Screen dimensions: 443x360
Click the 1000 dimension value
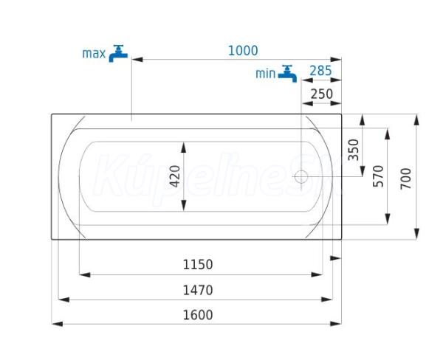(243, 51)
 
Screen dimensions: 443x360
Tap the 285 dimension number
(320, 71)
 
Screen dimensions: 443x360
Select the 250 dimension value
(322, 94)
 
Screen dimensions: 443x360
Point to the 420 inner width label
(176, 176)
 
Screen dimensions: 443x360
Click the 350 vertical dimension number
(354, 150)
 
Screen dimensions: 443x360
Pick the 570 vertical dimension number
(378, 176)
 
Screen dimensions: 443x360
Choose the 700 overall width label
(406, 179)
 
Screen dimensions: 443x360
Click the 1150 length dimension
(198, 265)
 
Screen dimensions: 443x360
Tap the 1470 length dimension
(198, 290)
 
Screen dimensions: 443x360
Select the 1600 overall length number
(198, 315)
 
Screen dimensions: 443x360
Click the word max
(94, 54)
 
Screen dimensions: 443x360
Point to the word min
(265, 74)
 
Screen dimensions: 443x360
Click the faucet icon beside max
(118, 54)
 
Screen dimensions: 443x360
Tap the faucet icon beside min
(287, 74)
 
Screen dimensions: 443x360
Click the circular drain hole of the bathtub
(301, 176)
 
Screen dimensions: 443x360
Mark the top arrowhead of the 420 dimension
(184, 148)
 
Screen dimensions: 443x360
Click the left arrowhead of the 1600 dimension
(58, 324)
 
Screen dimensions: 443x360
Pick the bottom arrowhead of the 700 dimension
(416, 234)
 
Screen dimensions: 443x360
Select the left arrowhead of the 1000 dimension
(137, 60)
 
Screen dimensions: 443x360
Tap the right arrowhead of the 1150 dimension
(317, 274)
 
